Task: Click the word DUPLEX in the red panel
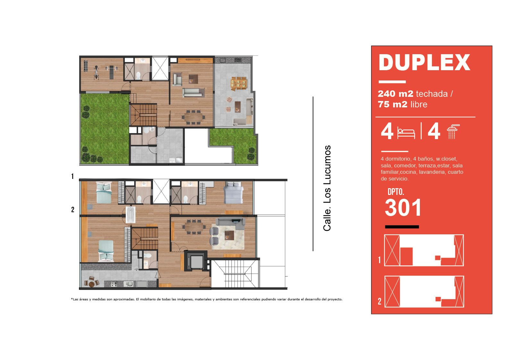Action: pyautogui.click(x=424, y=63)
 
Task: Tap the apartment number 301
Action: pyautogui.click(x=403, y=208)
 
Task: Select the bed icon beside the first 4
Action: pyautogui.click(x=406, y=133)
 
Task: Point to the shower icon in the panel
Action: pyautogui.click(x=453, y=131)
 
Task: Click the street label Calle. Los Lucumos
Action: pyautogui.click(x=327, y=188)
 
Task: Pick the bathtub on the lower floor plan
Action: pyautogui.click(x=131, y=215)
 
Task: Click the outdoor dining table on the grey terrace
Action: pyautogui.click(x=238, y=83)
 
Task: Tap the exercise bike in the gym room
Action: pyautogui.click(x=96, y=72)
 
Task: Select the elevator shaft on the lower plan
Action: pyautogui.click(x=196, y=261)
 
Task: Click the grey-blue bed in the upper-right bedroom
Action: pyautogui.click(x=233, y=193)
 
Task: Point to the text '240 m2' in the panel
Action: pyautogui.click(x=395, y=94)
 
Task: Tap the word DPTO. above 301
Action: pyautogui.click(x=396, y=192)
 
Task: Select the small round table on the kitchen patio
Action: pyautogui.click(x=92, y=284)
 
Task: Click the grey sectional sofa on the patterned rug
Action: pyautogui.click(x=230, y=223)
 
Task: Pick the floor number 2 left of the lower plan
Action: pyautogui.click(x=73, y=209)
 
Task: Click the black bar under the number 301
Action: pyautogui.click(x=402, y=227)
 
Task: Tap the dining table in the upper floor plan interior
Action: pyautogui.click(x=193, y=117)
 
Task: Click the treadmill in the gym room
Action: pyautogui.click(x=85, y=66)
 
